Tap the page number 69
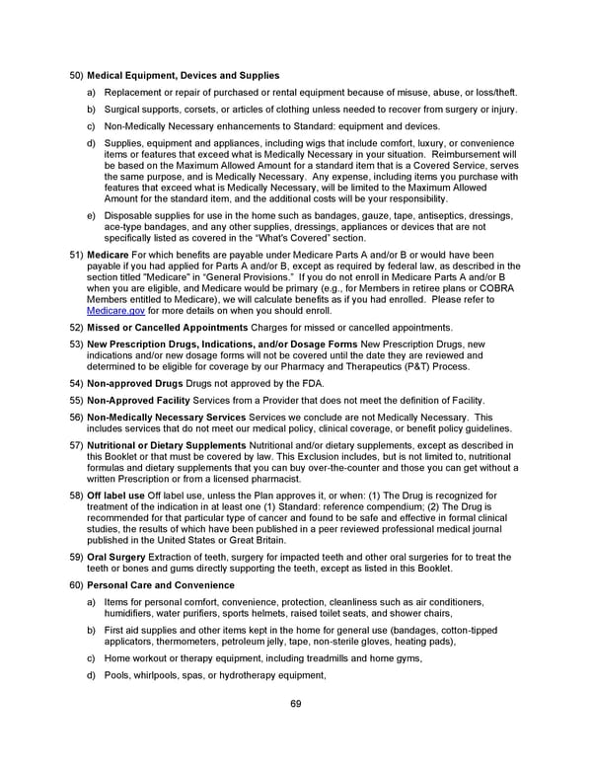coord(295,703)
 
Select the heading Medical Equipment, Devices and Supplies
coord(184,76)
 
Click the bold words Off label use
coord(116,493)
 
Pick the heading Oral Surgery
coord(115,558)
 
